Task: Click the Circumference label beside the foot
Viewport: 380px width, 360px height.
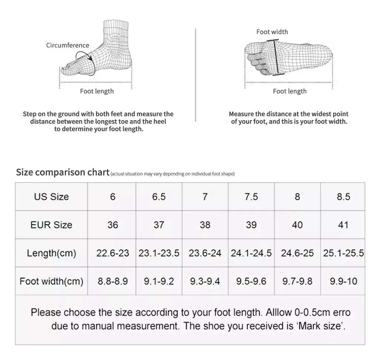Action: tap(68, 45)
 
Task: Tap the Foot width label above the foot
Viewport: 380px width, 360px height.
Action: tap(272, 32)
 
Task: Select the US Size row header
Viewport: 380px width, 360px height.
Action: tap(51, 196)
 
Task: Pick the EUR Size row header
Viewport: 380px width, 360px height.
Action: tap(51, 225)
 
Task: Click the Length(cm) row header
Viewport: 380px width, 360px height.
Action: tap(51, 253)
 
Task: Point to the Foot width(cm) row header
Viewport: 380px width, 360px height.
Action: tap(51, 281)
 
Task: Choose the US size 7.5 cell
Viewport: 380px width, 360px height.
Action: tap(251, 196)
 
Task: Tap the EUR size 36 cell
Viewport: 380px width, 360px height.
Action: tap(112, 225)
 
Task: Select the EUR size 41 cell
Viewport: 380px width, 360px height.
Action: tap(343, 225)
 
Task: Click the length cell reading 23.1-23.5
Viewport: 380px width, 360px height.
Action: tap(159, 253)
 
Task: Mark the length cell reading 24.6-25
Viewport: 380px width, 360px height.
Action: tap(297, 253)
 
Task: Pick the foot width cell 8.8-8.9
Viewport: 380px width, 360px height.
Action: tap(112, 281)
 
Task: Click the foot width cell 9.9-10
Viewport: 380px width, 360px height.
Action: tap(343, 281)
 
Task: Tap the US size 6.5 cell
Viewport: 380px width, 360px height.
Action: tap(159, 196)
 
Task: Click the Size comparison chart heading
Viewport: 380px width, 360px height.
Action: tap(63, 172)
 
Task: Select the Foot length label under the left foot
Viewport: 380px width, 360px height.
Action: tap(97, 91)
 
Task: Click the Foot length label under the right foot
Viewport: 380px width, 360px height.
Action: tap(290, 91)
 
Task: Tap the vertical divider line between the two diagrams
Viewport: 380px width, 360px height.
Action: tap(196, 74)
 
